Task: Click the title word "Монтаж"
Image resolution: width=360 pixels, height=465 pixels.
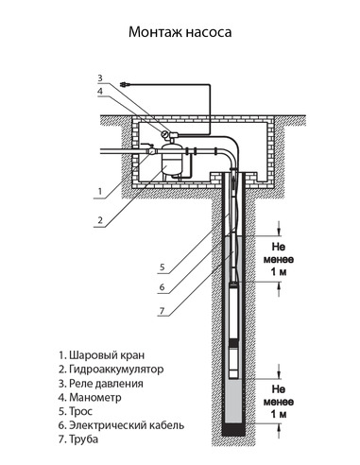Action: click(x=154, y=31)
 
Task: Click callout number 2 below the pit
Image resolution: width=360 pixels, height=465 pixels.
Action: click(x=98, y=221)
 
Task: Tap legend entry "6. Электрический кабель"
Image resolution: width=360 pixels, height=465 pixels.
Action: click(x=121, y=425)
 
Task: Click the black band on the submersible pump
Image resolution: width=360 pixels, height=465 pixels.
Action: click(x=233, y=347)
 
